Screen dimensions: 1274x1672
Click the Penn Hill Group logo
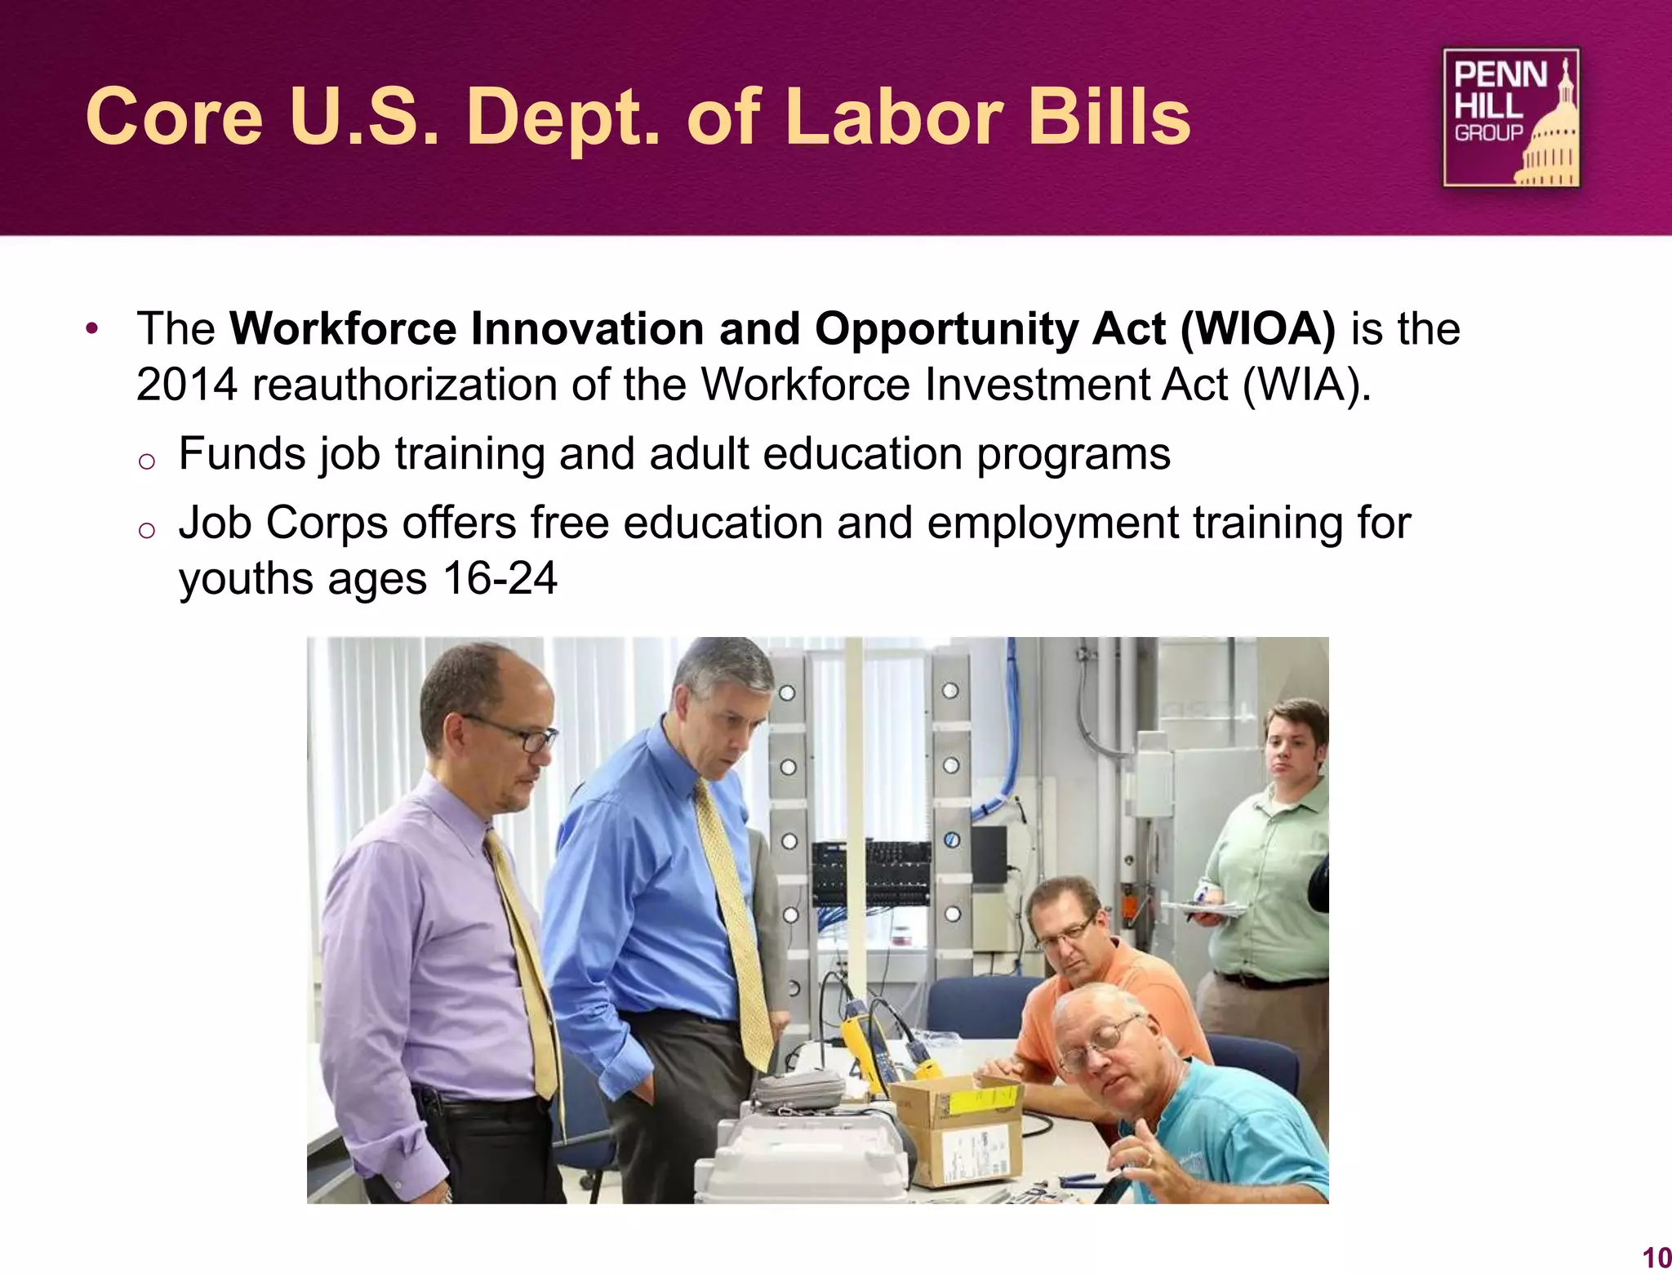tap(1510, 118)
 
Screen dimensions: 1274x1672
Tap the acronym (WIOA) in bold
tap(1257, 329)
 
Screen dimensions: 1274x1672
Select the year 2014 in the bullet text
tap(187, 385)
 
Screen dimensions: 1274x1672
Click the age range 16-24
tap(500, 579)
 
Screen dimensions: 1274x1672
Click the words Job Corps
tap(282, 523)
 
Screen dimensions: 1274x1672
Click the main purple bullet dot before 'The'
tap(92, 329)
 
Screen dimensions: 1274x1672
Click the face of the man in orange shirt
tap(1065, 939)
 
